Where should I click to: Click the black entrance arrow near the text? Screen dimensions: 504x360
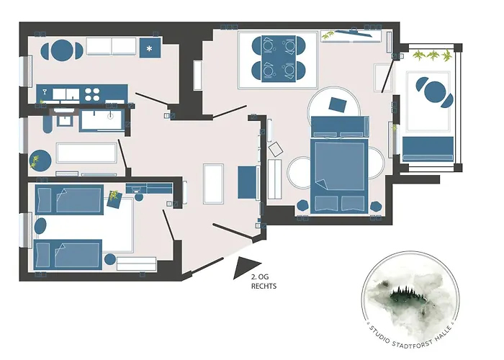(x=245, y=267)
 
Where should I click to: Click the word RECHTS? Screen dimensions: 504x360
(x=264, y=286)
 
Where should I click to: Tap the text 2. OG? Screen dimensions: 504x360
(x=260, y=276)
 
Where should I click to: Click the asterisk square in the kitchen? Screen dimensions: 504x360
(x=150, y=48)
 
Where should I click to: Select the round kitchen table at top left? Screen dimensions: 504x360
(x=62, y=50)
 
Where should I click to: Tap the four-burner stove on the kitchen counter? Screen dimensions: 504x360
(x=92, y=94)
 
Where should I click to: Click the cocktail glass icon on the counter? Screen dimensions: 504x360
(x=45, y=92)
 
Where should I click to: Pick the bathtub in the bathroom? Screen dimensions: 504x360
(x=86, y=153)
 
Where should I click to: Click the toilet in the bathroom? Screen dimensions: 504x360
(x=47, y=124)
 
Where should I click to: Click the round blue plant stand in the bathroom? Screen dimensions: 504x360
(x=40, y=161)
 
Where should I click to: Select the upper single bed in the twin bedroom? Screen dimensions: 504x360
(x=69, y=199)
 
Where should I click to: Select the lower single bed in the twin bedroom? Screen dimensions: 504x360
(x=68, y=254)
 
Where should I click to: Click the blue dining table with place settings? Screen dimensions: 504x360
(x=279, y=58)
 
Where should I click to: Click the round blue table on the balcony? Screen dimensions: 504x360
(x=435, y=92)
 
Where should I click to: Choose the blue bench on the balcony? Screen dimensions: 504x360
(x=428, y=149)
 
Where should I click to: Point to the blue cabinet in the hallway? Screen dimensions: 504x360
(x=248, y=182)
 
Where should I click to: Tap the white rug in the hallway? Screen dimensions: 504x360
(x=213, y=184)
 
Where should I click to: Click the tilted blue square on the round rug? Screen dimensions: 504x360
(x=338, y=104)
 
